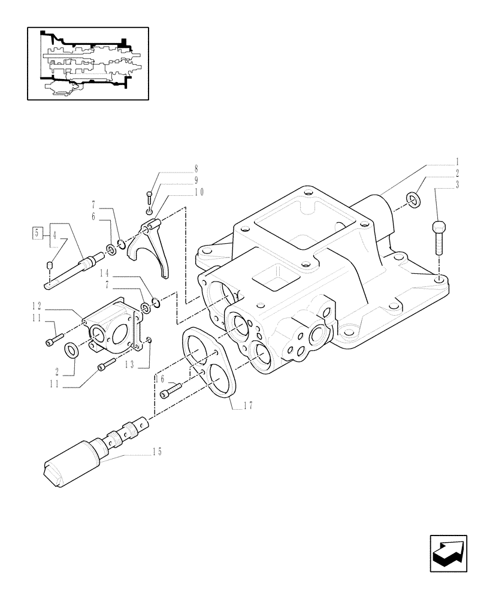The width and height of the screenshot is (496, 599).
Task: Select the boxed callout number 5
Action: [x=37, y=232]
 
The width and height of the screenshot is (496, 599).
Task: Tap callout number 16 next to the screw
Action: [x=160, y=379]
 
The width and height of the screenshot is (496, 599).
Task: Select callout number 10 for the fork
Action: [x=199, y=192]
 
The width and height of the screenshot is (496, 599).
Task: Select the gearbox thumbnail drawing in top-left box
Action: [x=87, y=63]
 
